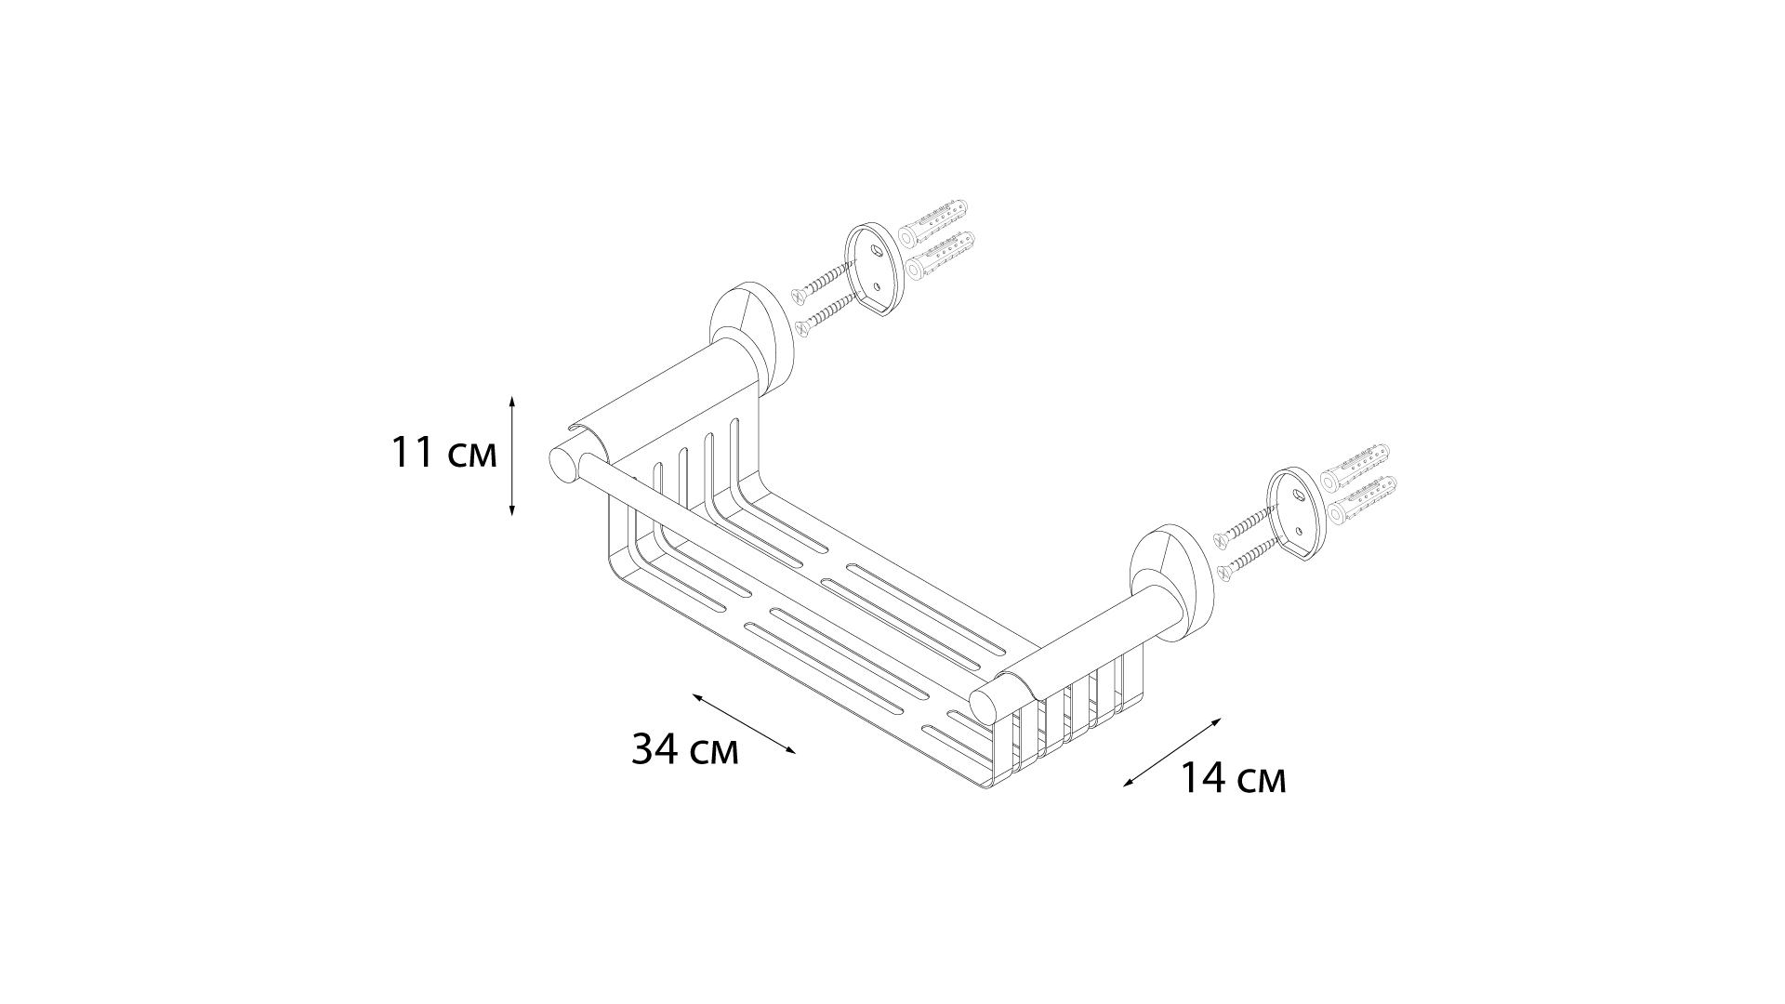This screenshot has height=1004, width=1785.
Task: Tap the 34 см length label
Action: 685,748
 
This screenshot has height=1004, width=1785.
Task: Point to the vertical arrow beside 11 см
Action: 512,455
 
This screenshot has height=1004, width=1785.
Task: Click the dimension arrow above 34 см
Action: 744,723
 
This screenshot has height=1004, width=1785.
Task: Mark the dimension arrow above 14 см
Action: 1172,752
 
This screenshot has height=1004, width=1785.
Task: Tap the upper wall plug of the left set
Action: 933,218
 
